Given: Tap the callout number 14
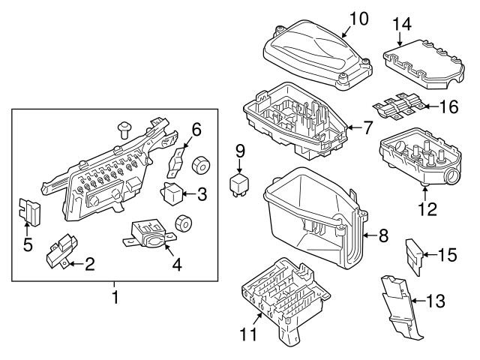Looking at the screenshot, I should click(403, 25).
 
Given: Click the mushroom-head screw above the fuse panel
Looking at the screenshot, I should click(125, 130).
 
